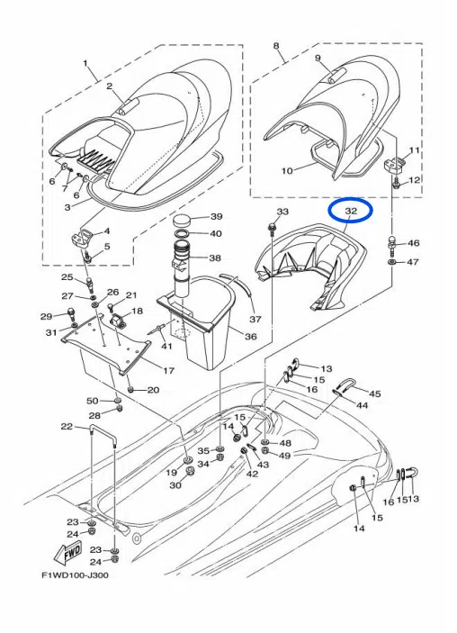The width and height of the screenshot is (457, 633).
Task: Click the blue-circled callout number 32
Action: [x=352, y=211]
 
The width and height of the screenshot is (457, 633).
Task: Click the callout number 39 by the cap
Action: [x=216, y=217]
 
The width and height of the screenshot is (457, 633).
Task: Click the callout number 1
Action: [x=86, y=64]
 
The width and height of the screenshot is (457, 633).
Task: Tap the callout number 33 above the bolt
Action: [x=282, y=212]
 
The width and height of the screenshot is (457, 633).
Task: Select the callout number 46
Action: [x=413, y=243]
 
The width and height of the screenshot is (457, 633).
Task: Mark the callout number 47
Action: [x=413, y=262]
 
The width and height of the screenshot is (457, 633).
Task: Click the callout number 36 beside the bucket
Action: [x=250, y=337]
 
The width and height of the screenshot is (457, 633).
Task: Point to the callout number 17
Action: [x=167, y=371]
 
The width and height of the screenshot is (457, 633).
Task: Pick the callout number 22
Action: [x=67, y=427]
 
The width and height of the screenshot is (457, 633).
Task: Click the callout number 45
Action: [x=375, y=393]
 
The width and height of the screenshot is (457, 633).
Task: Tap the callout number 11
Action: [x=414, y=149]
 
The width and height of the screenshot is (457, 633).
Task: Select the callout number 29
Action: [x=45, y=316]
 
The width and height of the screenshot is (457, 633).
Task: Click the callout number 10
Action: [x=263, y=169]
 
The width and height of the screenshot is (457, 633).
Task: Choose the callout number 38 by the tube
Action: [x=215, y=258]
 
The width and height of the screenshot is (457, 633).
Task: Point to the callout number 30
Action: [x=175, y=485]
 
